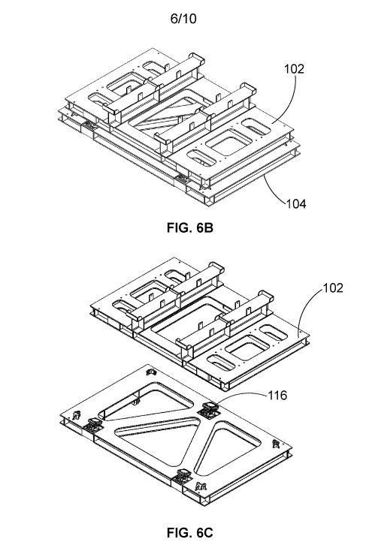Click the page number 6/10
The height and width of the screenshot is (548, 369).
183,19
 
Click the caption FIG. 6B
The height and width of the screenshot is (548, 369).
189,228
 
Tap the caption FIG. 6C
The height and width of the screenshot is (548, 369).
189,533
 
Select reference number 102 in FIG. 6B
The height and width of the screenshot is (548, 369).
294,69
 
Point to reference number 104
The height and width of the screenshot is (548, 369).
296,203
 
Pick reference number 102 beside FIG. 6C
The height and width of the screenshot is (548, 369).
333,288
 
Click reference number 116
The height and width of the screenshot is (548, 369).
277,396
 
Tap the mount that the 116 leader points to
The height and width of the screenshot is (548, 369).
209,409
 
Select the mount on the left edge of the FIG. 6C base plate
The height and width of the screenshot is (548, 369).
93,425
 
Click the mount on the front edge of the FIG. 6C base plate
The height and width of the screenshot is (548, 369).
182,477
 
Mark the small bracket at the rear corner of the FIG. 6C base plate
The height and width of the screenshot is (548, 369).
151,372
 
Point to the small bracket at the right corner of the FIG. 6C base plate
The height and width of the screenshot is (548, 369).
276,444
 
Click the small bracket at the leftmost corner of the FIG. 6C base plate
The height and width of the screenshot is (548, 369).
77,415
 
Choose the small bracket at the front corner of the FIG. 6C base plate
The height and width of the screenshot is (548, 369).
201,486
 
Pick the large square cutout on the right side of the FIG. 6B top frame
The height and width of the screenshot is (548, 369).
228,143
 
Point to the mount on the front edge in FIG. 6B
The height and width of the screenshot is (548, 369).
182,179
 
